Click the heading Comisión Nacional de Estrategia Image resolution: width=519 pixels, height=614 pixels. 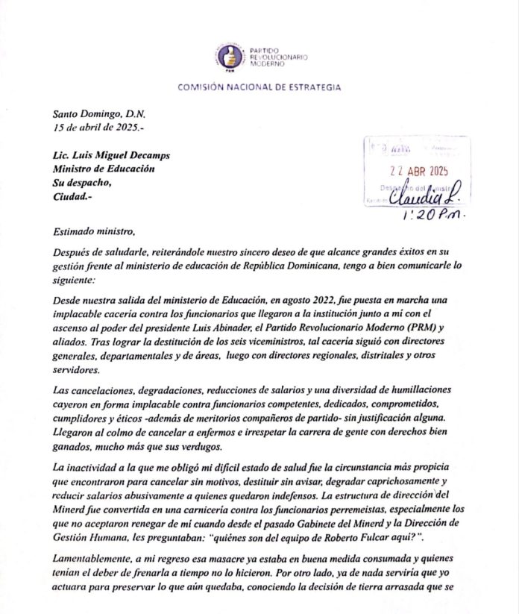(259, 87)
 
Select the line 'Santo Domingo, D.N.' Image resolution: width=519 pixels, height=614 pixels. (100, 115)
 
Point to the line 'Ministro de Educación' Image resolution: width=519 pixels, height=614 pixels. (104, 169)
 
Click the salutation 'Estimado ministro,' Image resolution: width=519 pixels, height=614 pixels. (95, 232)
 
